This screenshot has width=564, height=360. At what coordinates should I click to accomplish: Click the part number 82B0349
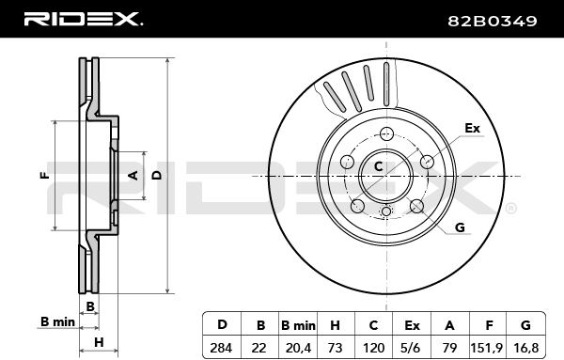(x=492, y=21)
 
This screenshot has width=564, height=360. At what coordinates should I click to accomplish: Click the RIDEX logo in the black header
(x=84, y=19)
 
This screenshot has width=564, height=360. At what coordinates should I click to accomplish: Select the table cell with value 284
(x=222, y=348)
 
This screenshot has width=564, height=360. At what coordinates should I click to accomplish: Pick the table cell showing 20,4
(x=298, y=348)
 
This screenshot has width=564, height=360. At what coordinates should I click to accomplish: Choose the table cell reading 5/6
(x=412, y=348)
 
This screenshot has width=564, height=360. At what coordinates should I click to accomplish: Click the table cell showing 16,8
(x=525, y=348)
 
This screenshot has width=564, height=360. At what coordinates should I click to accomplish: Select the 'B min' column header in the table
(x=298, y=325)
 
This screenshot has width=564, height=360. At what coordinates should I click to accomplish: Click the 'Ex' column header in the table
(x=412, y=325)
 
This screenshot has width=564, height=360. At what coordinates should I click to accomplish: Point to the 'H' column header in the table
(x=336, y=325)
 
